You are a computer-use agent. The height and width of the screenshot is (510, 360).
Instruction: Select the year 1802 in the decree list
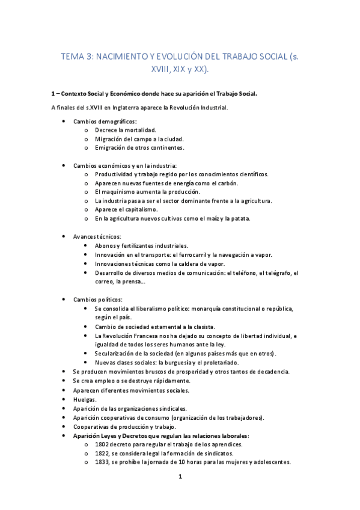102,444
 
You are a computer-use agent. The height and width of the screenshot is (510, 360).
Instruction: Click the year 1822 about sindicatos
102,453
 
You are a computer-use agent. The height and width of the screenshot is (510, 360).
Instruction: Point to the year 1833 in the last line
102,462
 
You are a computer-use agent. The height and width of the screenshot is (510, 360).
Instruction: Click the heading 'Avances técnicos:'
97,236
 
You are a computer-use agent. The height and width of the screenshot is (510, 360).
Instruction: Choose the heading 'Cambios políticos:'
97,299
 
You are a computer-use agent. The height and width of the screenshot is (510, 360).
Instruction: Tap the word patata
239,218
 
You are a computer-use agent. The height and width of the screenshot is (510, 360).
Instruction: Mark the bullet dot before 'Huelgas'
64,399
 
